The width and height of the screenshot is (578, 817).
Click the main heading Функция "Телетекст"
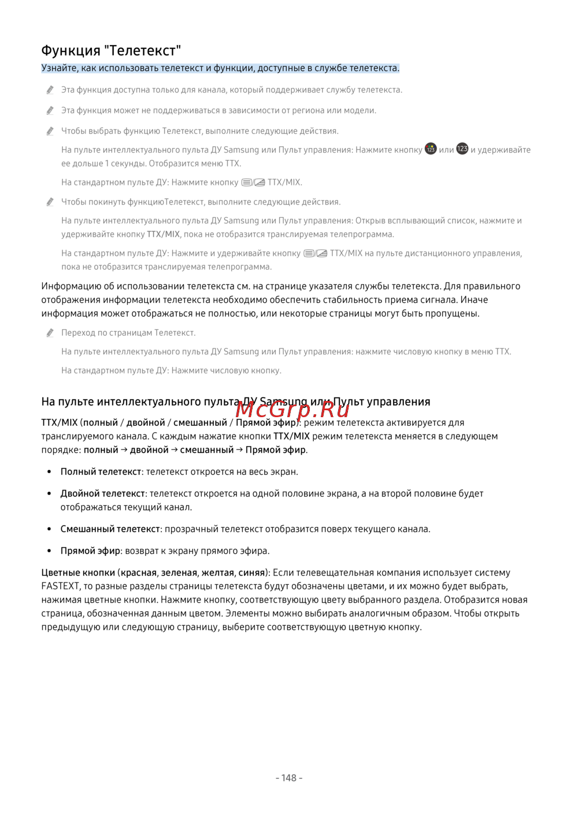[x=111, y=50]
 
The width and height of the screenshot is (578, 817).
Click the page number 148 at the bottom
[x=289, y=778]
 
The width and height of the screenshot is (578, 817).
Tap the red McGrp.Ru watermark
[x=292, y=409]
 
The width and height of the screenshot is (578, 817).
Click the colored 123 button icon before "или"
[x=431, y=149]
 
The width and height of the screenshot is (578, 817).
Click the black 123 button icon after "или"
[x=462, y=149]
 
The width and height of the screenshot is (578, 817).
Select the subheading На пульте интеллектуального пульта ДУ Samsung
[x=235, y=402]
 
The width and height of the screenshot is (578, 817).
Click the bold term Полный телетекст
[x=101, y=471]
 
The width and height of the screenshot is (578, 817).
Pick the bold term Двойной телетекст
[x=103, y=493]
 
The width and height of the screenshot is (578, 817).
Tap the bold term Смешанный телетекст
[x=110, y=529]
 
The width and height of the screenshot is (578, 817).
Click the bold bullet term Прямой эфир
[x=90, y=551]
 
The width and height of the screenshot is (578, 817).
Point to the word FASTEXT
[x=60, y=586]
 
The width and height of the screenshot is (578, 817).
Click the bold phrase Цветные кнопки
[x=78, y=573]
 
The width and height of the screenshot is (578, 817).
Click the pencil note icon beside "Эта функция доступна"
[x=50, y=90]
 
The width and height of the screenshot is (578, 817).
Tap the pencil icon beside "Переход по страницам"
[x=50, y=333]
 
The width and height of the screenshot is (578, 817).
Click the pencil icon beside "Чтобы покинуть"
[x=50, y=202]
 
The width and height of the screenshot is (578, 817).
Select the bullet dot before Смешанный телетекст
[x=50, y=529]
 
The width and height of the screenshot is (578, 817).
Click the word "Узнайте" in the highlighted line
[x=60, y=68]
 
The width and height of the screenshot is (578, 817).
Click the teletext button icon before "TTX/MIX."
[x=253, y=182]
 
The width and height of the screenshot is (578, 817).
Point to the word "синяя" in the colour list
[x=251, y=573]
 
